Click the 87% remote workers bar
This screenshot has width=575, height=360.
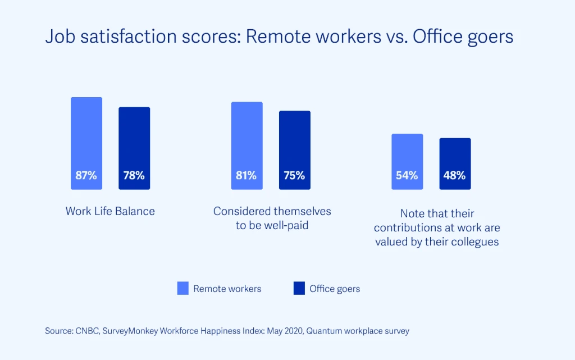[x=86, y=143]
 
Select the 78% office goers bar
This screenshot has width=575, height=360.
[x=134, y=148]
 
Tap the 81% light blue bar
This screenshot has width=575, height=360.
[x=247, y=145]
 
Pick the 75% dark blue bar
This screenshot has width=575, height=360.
[x=294, y=150]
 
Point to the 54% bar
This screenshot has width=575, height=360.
[x=407, y=161]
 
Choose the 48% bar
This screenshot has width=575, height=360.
[x=455, y=163]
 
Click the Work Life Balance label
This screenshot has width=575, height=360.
[x=110, y=211]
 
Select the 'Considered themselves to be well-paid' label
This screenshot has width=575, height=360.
[x=272, y=218]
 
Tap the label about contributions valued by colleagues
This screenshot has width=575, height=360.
[x=437, y=228]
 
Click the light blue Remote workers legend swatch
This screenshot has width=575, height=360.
[x=183, y=289]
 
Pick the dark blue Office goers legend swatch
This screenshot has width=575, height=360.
[x=299, y=289]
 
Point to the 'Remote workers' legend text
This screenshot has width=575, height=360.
[x=227, y=289]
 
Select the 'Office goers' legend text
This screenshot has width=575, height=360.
[x=335, y=289]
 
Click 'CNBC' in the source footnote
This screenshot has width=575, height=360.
[x=85, y=331]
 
